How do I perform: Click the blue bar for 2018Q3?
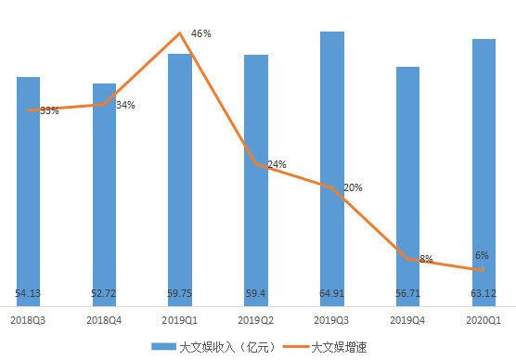28,186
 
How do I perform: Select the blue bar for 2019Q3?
332,167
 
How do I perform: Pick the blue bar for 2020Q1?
484,167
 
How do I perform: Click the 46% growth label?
201,33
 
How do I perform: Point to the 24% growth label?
276,164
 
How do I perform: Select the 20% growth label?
353,187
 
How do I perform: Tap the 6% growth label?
482,255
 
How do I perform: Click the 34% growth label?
125,105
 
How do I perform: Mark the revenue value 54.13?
28,294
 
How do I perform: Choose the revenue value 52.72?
104,294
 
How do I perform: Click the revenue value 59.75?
180,294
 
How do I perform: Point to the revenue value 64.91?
332,294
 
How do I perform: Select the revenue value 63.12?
484,294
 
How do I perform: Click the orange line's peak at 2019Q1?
180,33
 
